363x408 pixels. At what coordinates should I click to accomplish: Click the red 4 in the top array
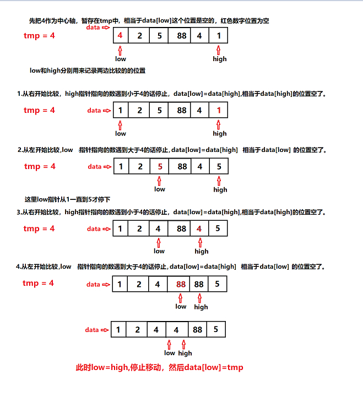tap(120, 36)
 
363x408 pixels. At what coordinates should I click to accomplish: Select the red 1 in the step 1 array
tap(219, 111)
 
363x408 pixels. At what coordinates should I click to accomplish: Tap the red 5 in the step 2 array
tap(159, 166)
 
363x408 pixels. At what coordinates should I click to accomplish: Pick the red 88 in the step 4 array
tap(181, 285)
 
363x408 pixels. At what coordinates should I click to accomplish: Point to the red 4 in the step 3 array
tap(199, 229)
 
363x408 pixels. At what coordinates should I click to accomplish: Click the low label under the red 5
tap(160, 189)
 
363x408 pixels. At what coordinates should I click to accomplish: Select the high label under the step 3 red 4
tap(202, 252)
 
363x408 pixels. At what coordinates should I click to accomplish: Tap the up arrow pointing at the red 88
tap(181, 297)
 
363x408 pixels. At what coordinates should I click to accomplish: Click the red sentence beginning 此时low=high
tap(159, 367)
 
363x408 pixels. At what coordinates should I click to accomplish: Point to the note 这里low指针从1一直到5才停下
tap(68, 199)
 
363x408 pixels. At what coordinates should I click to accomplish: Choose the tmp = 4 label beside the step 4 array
tap(39, 283)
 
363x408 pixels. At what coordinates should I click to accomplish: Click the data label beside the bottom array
tap(91, 330)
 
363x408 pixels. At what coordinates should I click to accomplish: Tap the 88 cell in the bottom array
tap(197, 330)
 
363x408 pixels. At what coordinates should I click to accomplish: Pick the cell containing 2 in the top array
tap(140, 36)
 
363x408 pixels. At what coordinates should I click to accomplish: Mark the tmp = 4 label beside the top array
tap(39, 36)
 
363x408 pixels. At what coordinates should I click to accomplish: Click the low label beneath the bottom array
tap(170, 353)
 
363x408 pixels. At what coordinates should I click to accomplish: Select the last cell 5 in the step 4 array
tap(218, 285)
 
